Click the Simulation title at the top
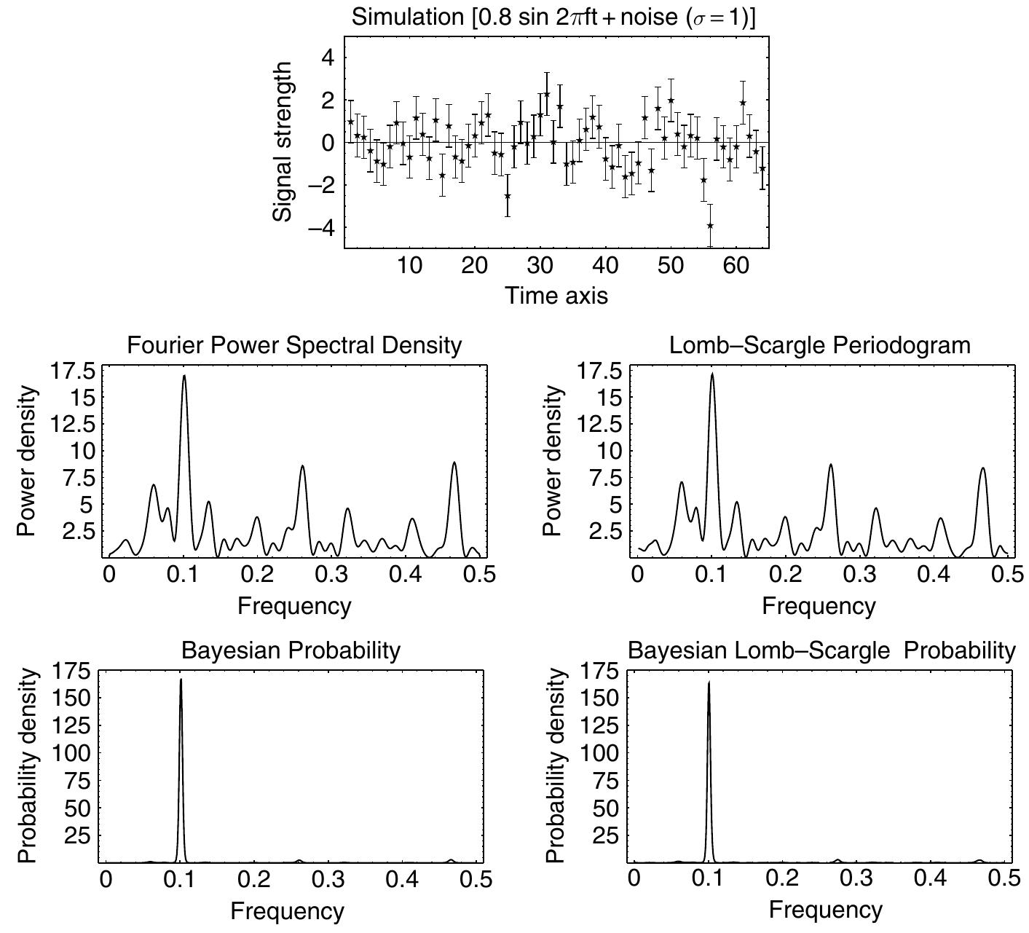553,17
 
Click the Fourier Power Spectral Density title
294,345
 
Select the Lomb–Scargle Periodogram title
819,345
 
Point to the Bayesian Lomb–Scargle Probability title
821,650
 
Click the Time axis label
556,295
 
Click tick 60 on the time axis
736,265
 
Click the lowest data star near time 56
710,226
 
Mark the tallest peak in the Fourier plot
184,376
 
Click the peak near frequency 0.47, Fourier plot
454,462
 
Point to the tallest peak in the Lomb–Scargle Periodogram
712,374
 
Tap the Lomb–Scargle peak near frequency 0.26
830,465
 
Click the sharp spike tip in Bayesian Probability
181,680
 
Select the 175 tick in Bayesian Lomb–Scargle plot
602,671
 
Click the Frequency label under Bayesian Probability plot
287,910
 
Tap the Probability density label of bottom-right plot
556,765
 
